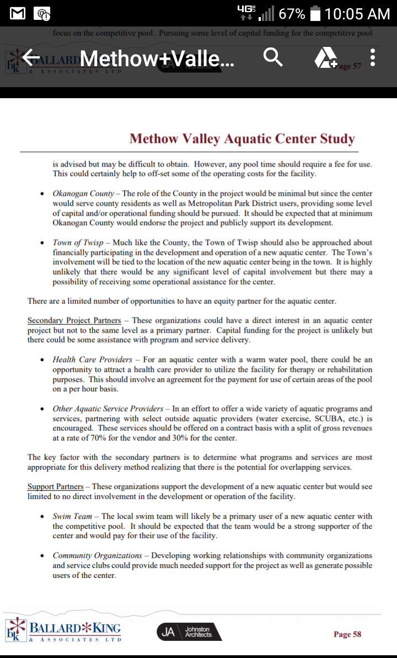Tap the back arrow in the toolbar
[31, 57]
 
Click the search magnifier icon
[273, 57]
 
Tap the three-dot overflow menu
[373, 57]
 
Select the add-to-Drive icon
[326, 57]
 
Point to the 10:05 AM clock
[357, 13]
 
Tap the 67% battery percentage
[292, 13]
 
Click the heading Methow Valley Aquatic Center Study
[242, 138]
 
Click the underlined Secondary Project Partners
[74, 320]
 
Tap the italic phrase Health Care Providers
[92, 360]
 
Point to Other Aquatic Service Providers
[108, 409]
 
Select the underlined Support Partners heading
[56, 486]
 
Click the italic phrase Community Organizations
[97, 555]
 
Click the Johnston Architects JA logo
[189, 632]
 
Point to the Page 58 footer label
[347, 634]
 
